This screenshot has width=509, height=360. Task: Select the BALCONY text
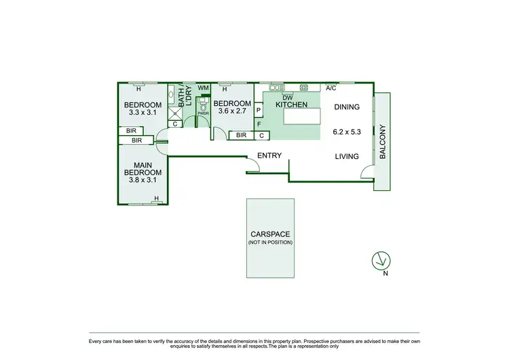(382, 141)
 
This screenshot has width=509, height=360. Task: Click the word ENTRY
(270, 156)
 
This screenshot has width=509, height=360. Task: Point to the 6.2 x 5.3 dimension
(346, 132)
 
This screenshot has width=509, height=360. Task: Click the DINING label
(346, 107)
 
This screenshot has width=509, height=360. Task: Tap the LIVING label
(346, 156)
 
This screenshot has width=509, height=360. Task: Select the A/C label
(331, 88)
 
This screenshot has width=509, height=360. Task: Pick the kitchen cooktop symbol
(304, 87)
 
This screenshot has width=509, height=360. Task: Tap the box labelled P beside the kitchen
(259, 110)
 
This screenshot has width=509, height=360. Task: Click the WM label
(202, 88)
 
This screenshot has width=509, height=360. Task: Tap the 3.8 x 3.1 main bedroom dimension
(143, 181)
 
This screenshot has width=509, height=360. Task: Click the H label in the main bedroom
(156, 198)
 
